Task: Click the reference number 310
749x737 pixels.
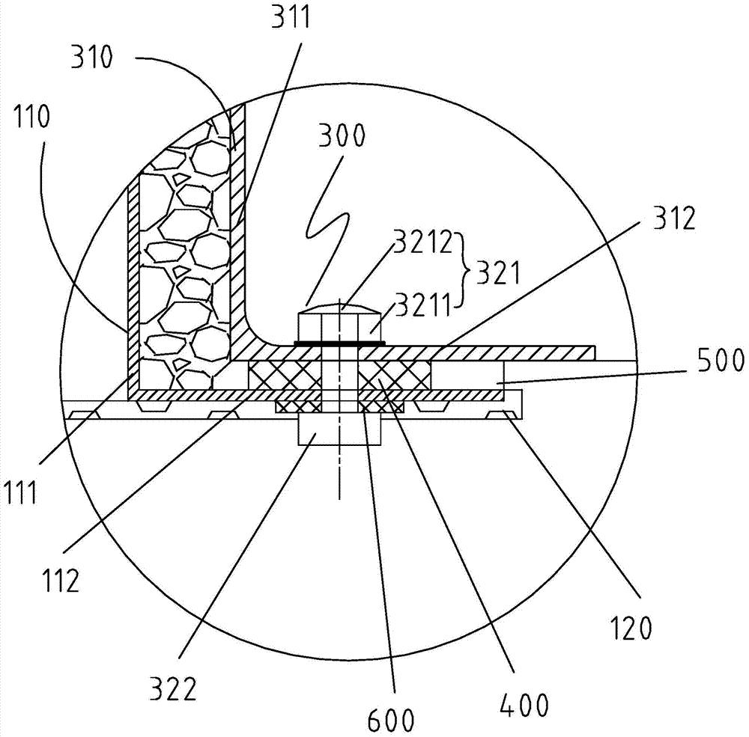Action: (x=92, y=58)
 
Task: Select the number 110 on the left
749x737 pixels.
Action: (x=31, y=117)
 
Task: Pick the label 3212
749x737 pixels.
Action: (x=422, y=242)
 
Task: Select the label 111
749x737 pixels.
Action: (x=21, y=492)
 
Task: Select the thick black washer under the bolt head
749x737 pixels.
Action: (x=339, y=343)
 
